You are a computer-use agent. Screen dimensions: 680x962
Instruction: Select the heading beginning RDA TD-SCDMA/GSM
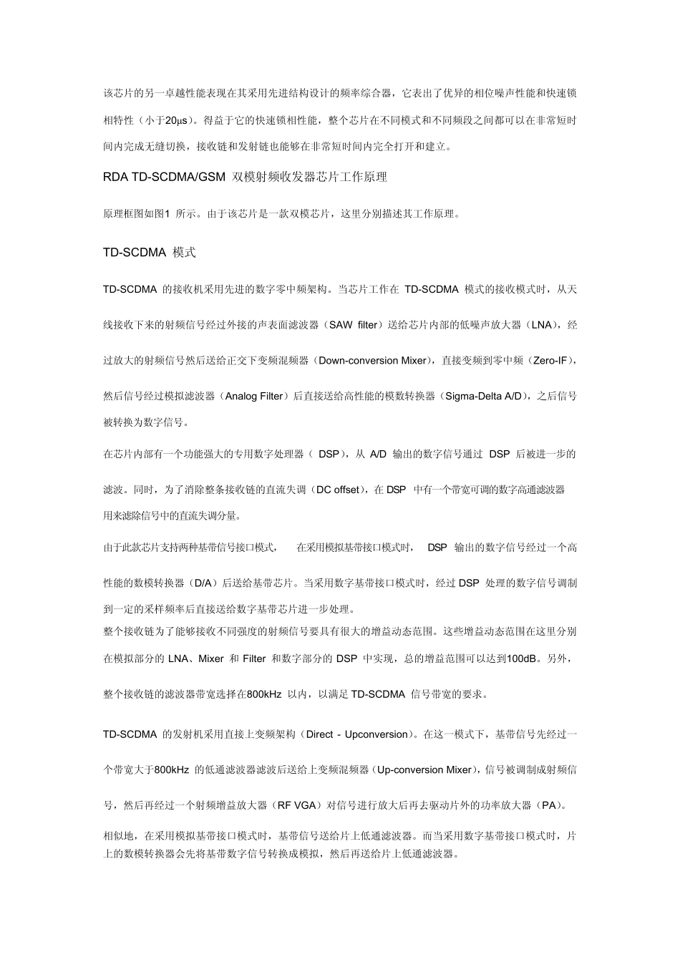[x=245, y=177]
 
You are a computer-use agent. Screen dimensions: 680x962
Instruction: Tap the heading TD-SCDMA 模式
[x=149, y=253]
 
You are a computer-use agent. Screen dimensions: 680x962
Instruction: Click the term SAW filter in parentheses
[x=353, y=325]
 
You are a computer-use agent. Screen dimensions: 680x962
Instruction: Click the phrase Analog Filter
[x=254, y=397]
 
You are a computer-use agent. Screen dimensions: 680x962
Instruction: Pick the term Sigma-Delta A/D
[x=484, y=397]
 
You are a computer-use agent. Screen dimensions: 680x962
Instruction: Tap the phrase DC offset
[x=337, y=490]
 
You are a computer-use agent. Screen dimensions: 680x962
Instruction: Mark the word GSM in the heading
[x=211, y=177]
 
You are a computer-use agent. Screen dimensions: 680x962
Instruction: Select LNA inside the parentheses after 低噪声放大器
[x=541, y=325]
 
